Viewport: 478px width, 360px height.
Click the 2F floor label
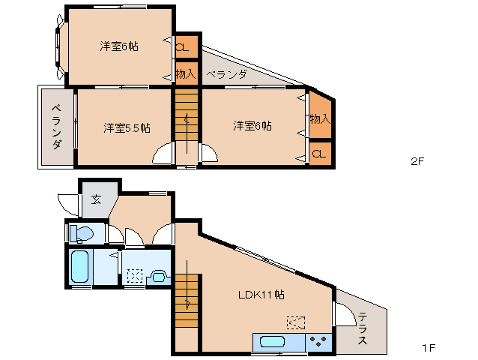tap(417, 161)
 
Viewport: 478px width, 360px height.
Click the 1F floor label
tap(429, 349)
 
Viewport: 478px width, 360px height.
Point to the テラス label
tap(362, 328)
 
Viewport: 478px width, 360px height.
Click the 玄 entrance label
tap(97, 199)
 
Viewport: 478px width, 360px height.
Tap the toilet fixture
tap(80, 234)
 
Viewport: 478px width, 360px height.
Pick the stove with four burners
tap(319, 342)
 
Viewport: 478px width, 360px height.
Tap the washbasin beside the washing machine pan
tap(158, 276)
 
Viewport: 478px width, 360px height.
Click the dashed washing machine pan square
tap(135, 274)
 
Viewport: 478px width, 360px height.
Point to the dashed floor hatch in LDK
tap(295, 322)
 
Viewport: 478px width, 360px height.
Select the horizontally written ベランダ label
tap(226, 74)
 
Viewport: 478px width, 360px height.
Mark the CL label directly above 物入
tap(182, 46)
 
